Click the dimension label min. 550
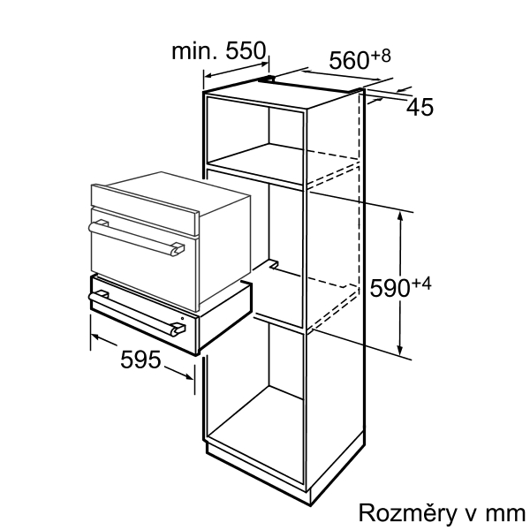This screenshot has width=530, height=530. coord(219,51)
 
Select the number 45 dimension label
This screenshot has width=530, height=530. coord(422,108)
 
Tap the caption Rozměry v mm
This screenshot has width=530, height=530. coord(441,513)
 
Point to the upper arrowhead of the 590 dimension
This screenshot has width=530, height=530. coord(403,214)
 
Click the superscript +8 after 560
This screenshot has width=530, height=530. coord(380,55)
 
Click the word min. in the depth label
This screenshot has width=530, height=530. coord(189,51)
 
